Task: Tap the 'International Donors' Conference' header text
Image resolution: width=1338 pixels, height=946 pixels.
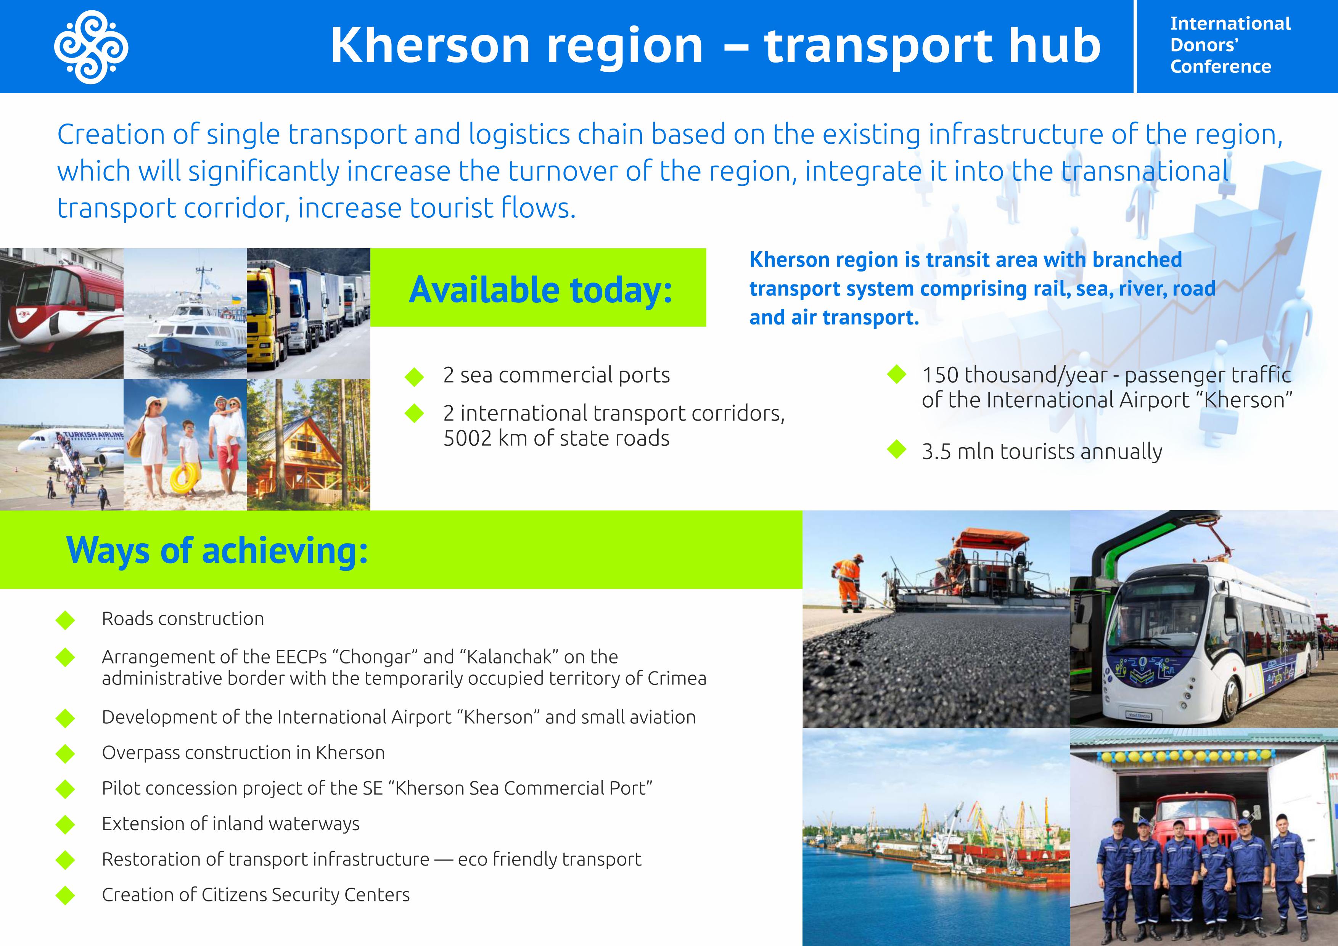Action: point(1230,45)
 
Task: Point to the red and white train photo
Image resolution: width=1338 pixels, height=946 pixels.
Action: point(61,313)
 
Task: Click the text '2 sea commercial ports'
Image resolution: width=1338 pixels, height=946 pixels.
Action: point(556,375)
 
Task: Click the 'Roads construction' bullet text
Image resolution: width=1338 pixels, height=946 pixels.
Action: point(183,618)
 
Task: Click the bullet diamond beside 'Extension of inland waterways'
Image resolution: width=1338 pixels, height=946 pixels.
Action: point(65,825)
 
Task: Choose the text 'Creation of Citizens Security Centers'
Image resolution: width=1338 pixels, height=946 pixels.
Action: point(256,895)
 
